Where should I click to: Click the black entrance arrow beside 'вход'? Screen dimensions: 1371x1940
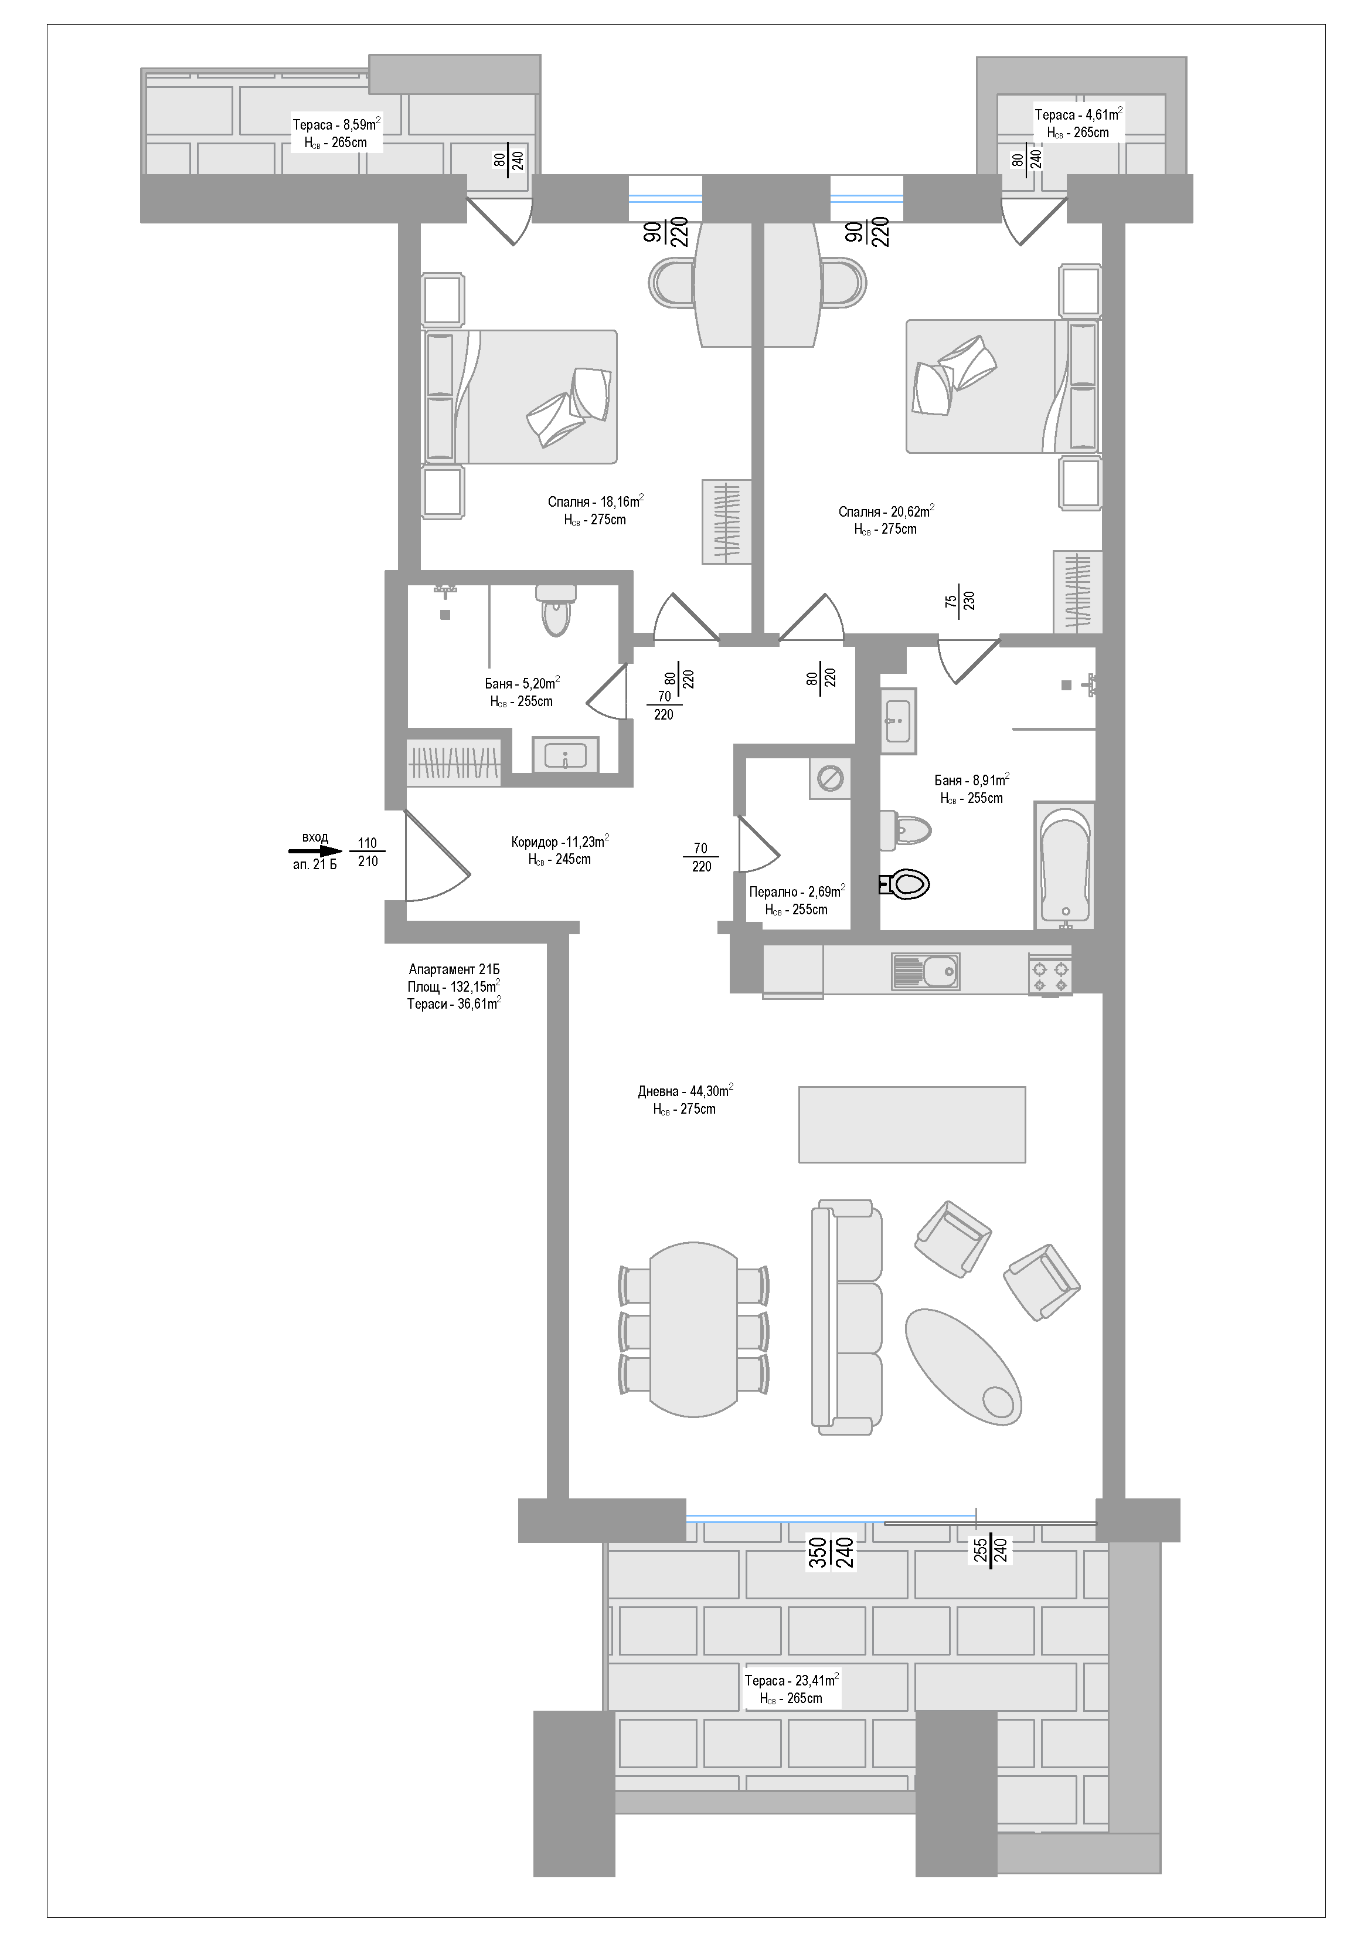[x=314, y=853]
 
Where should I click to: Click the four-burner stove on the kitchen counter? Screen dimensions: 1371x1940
[x=1050, y=974]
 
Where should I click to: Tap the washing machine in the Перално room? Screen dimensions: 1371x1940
[x=829, y=778]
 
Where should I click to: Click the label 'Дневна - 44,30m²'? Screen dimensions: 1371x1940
[x=685, y=1091]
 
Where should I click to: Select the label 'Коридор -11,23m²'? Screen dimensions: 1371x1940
[x=560, y=842]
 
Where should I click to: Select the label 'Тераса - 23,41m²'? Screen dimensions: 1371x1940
[x=791, y=1680]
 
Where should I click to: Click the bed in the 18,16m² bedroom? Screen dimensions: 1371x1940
[x=519, y=397]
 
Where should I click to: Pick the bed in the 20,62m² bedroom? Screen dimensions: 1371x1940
[x=1003, y=386]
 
